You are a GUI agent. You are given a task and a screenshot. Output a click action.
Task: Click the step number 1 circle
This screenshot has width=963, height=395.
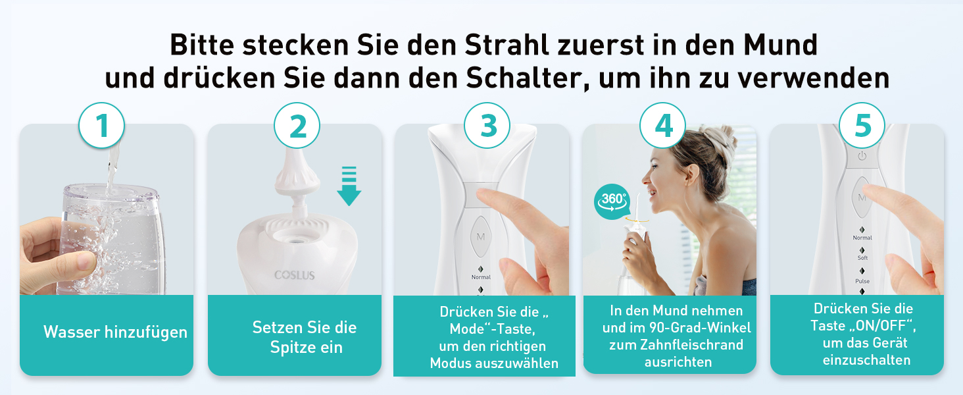pos(101,125)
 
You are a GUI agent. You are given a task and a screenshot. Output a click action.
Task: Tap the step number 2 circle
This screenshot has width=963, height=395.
pos(297,125)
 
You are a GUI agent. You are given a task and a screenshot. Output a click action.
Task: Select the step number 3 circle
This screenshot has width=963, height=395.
pos(487,125)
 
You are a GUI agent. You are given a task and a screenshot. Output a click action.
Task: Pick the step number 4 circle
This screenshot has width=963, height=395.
pos(663,125)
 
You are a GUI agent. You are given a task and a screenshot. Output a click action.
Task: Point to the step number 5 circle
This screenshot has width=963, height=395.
pos(862,125)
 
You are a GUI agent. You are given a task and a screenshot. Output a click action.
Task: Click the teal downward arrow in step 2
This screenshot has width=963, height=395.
pos(349,186)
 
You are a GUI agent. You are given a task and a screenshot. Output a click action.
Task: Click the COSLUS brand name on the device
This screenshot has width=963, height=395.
pos(295,275)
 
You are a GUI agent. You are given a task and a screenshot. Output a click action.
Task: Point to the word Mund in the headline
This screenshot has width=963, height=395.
pos(780,45)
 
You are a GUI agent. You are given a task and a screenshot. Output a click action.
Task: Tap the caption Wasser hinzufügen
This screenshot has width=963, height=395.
pos(115,332)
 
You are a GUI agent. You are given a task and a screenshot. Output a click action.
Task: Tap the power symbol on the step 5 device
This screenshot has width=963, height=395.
pos(862,156)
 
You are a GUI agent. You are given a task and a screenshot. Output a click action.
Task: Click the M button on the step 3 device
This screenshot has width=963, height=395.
pos(481,236)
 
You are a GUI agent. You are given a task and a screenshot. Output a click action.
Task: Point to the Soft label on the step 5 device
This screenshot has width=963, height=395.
pos(862,258)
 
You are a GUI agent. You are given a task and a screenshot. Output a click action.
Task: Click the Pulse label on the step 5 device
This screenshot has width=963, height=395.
pos(862,281)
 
